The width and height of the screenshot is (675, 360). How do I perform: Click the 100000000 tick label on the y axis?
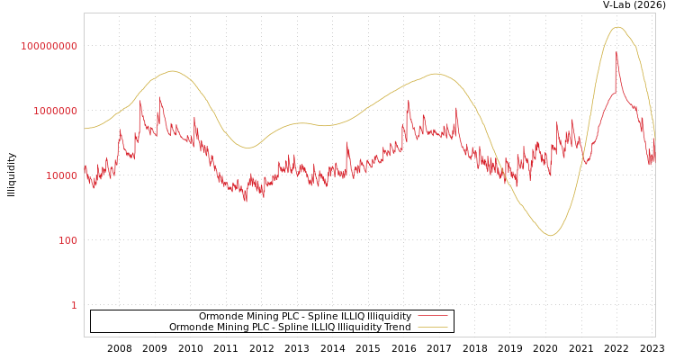tap(49, 46)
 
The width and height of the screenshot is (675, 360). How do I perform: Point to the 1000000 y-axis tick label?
tap(55, 111)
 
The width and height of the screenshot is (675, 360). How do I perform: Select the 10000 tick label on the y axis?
tap(61, 175)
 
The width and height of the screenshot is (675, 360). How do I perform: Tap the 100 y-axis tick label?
tap(67, 240)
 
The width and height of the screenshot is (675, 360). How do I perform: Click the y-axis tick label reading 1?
tap(74, 305)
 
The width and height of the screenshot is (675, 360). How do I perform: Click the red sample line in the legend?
tap(433, 317)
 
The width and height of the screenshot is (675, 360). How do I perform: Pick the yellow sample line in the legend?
tap(433, 328)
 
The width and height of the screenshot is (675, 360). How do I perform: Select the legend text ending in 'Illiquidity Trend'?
tap(290, 328)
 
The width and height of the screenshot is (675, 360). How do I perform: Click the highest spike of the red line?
tap(616, 52)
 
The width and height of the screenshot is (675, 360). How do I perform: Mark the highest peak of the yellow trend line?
tap(617, 27)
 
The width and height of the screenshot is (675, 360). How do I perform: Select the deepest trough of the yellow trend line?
tap(551, 236)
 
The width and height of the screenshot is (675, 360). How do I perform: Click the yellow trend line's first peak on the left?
tap(172, 71)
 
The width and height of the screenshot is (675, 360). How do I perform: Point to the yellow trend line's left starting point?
tap(85, 129)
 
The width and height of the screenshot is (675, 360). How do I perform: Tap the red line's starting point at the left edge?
tap(85, 166)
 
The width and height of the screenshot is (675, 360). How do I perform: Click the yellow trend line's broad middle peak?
tap(436, 74)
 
